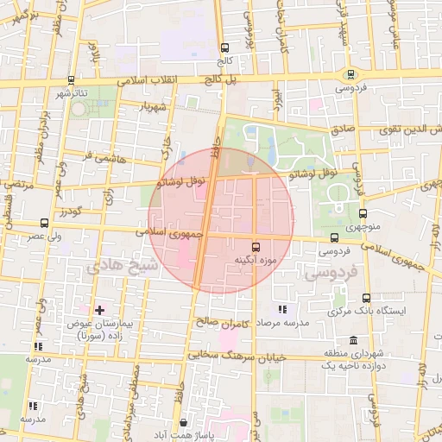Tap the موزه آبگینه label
[255, 260]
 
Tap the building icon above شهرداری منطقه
[353, 341]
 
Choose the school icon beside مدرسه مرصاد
[281, 309]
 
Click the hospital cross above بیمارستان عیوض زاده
[99, 309]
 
